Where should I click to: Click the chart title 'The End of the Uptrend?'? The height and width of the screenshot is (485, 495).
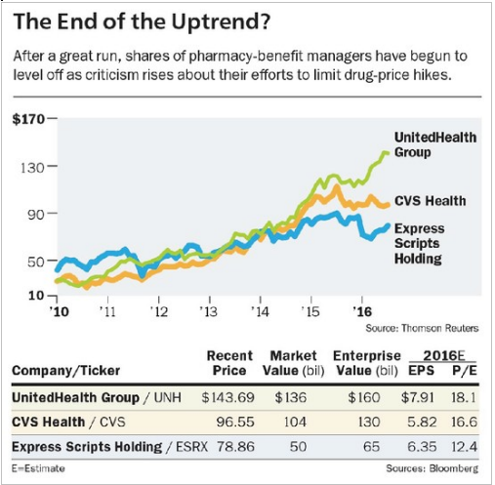(142, 21)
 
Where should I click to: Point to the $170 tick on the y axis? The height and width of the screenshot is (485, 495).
(28, 119)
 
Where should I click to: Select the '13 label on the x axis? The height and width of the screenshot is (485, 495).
(209, 311)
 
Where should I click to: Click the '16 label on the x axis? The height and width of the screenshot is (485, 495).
(362, 311)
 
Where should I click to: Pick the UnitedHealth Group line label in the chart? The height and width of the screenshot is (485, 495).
(435, 144)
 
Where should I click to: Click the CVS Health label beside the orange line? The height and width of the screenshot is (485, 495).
(430, 201)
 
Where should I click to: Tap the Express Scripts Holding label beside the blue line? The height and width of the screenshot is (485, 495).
(419, 243)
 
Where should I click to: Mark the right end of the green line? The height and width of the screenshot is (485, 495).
(387, 153)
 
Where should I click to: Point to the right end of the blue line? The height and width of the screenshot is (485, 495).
(388, 225)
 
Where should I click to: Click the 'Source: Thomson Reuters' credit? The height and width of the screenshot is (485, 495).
(422, 328)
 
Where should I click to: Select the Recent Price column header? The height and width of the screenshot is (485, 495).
(229, 363)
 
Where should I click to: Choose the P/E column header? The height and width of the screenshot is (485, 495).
(465, 371)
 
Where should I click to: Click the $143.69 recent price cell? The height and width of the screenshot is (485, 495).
(227, 397)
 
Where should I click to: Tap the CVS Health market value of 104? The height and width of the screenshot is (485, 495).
(295, 422)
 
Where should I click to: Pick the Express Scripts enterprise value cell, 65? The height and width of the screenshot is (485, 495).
(372, 446)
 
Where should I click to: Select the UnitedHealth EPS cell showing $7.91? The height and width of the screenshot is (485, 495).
(418, 397)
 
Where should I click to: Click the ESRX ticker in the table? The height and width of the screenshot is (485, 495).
(191, 447)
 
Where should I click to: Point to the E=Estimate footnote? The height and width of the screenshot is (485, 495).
(38, 468)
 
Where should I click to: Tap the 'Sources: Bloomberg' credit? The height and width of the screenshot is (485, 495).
(433, 468)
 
